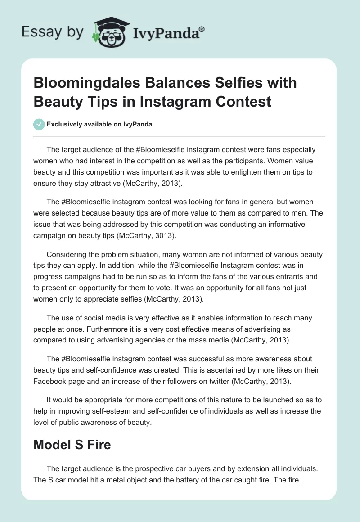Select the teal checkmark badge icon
[x=39, y=124]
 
